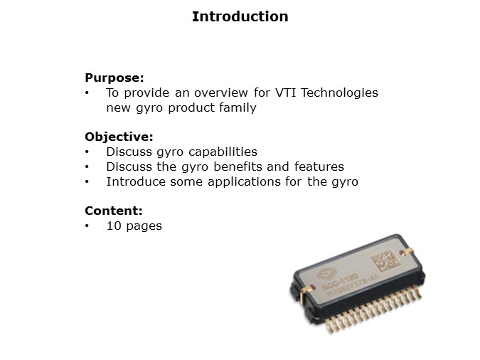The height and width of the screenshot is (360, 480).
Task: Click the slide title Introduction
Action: (240, 16)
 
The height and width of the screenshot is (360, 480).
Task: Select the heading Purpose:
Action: (114, 78)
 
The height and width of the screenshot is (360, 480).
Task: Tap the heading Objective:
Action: (119, 137)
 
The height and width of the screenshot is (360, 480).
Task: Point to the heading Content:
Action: (114, 211)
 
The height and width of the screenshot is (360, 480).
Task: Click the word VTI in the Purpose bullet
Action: (250, 92)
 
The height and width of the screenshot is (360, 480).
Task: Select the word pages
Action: (144, 226)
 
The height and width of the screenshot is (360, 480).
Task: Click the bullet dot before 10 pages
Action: (87, 226)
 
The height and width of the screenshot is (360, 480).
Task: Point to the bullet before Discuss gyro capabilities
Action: (87, 152)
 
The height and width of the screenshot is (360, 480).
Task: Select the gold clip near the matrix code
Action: (406, 251)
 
